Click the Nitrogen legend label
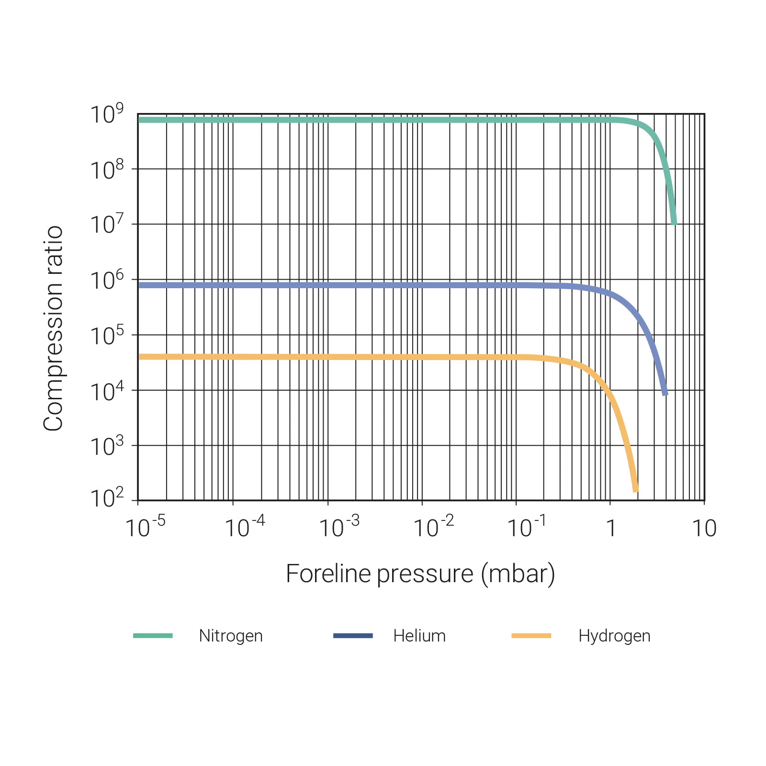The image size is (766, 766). pyautogui.click(x=231, y=636)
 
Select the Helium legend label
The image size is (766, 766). pyautogui.click(x=419, y=636)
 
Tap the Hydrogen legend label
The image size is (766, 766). pyautogui.click(x=614, y=636)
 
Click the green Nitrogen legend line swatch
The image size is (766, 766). pyautogui.click(x=153, y=636)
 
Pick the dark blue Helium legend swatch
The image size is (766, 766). pyautogui.click(x=353, y=636)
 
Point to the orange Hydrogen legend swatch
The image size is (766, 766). pyautogui.click(x=531, y=636)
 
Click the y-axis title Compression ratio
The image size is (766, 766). pyautogui.click(x=53, y=328)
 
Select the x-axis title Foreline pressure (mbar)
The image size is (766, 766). pyautogui.click(x=420, y=574)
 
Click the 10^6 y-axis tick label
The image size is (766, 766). pyautogui.click(x=107, y=281)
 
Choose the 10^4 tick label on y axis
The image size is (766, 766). pyautogui.click(x=107, y=392)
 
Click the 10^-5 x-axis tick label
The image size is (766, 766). pyautogui.click(x=145, y=528)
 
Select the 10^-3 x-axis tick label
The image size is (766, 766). pyautogui.click(x=339, y=528)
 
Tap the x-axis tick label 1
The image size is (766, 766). pyautogui.click(x=611, y=529)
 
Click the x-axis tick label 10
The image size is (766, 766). pyautogui.click(x=704, y=529)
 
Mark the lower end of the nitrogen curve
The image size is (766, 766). pyautogui.click(x=674, y=223)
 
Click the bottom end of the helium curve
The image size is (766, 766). pyautogui.click(x=665, y=394)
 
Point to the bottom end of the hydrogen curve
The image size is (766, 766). pyautogui.click(x=636, y=490)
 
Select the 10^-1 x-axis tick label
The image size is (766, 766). pyautogui.click(x=526, y=528)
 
